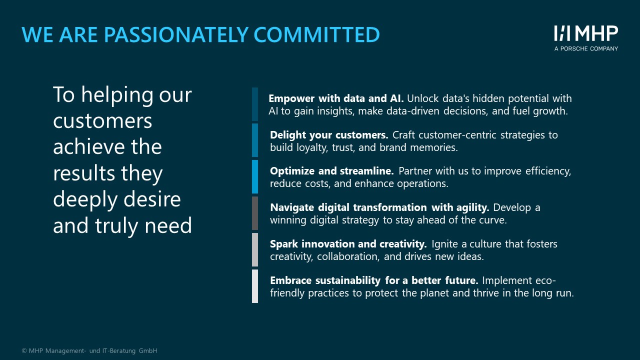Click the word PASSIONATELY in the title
pyautogui.click(x=176, y=34)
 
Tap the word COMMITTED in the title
pyautogui.click(x=316, y=34)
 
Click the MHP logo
pyautogui.click(x=586, y=33)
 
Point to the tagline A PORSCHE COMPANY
pyautogui.click(x=586, y=48)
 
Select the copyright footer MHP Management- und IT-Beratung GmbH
pyautogui.click(x=89, y=350)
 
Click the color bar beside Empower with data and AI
pyautogui.click(x=255, y=104)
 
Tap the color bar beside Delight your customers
pyautogui.click(x=255, y=140)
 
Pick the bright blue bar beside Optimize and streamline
pyautogui.click(x=255, y=176)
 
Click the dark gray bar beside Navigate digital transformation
pyautogui.click(x=255, y=213)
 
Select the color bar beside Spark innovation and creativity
pyautogui.click(x=255, y=249)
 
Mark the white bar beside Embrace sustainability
pyautogui.click(x=255, y=286)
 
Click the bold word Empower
pyautogui.click(x=291, y=98)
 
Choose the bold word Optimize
pyautogui.click(x=292, y=171)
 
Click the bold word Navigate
pyautogui.click(x=292, y=207)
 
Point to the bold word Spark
pyautogui.click(x=284, y=244)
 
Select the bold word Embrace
pyautogui.click(x=290, y=280)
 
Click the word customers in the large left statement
pyautogui.click(x=102, y=121)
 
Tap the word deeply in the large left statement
pyautogui.click(x=85, y=199)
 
